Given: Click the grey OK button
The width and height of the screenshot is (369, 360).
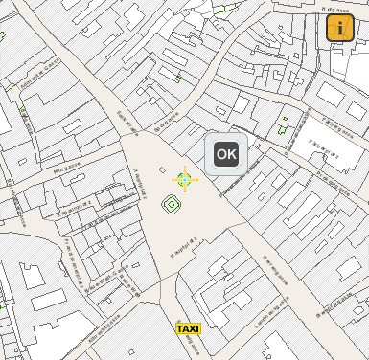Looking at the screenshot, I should pyautogui.click(x=226, y=153).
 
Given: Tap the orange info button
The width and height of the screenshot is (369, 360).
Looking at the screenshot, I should pyautogui.click(x=340, y=28).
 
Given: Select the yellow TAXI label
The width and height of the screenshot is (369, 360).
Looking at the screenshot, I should pyautogui.click(x=188, y=328).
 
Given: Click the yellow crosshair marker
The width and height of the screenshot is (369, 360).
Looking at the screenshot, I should pyautogui.click(x=184, y=178).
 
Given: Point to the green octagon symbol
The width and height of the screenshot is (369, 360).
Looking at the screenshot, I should pyautogui.click(x=172, y=203).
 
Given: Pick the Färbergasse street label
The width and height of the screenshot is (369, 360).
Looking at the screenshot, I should pyautogui.click(x=335, y=123).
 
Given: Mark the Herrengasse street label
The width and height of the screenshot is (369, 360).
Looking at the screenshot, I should pyautogui.click(x=274, y=267).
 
